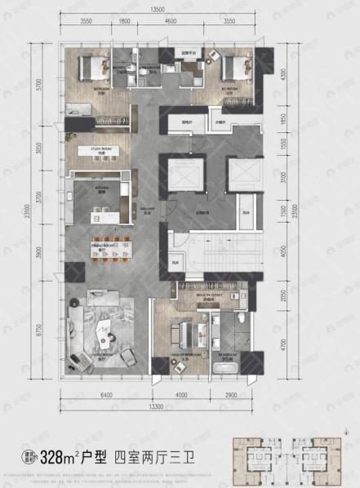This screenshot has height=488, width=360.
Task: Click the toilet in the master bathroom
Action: (x=242, y=314)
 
